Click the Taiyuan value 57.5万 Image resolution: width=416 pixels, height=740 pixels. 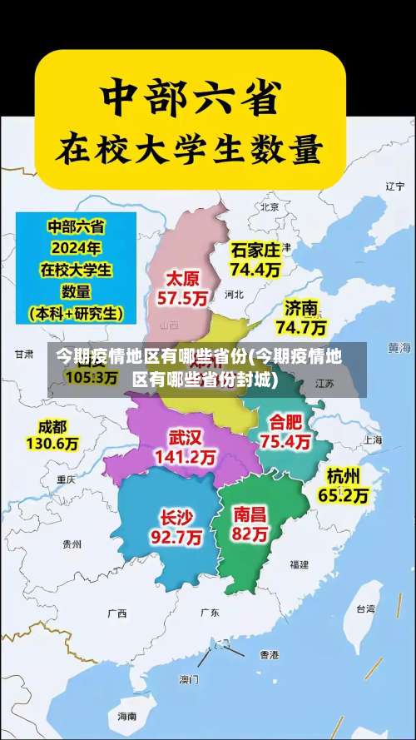181,297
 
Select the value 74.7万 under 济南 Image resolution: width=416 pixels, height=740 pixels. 301,326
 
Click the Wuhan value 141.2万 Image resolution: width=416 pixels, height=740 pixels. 186,457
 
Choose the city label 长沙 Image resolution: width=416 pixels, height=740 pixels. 176,517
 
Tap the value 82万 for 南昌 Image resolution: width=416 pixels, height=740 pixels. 250,534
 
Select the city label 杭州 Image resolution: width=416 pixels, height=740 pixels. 344,475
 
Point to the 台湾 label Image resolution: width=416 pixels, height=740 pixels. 365,608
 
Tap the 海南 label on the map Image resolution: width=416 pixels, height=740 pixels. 126,715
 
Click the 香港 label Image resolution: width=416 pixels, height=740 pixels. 269,654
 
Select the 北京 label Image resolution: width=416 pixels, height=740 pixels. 269,206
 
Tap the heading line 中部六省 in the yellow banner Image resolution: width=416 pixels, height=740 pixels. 189,97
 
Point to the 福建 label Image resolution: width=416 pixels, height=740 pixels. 299,564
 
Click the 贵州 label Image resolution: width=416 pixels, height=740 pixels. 72,544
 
